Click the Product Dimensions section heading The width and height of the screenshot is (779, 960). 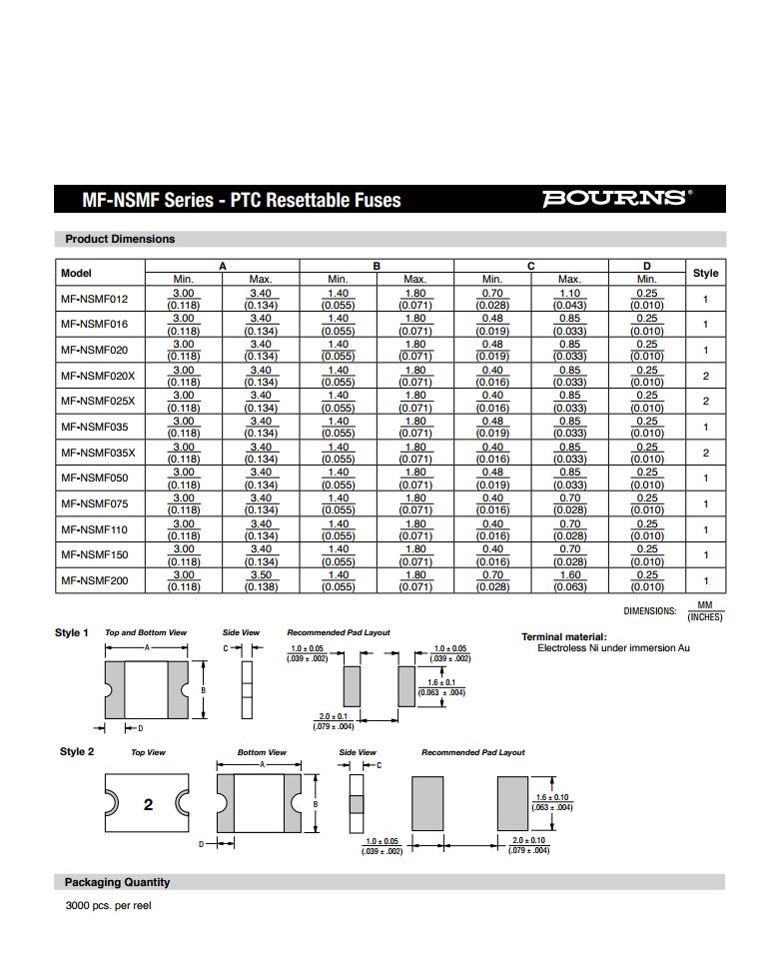coord(120,239)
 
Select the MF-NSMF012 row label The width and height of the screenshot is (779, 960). coord(95,299)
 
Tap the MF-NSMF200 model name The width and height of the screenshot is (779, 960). coord(95,580)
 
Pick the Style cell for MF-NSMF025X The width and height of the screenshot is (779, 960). coord(705,402)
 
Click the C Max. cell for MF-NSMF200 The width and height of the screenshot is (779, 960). coord(569,580)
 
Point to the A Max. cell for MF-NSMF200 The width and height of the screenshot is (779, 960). coord(261,580)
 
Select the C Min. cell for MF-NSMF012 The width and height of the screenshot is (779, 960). coord(492,299)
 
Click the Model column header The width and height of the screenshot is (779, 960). coord(76,273)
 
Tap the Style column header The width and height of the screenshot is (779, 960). coord(705,273)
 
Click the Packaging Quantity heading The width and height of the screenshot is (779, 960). coord(118,882)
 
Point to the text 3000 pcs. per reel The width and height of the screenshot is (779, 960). coord(108,906)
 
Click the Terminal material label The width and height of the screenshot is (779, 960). coord(563,636)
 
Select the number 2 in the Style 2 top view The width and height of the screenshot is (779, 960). coord(148,804)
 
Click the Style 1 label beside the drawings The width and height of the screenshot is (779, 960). coord(72,632)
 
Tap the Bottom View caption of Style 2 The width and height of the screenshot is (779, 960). coord(262,752)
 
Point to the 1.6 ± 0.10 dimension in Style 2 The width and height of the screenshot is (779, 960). coord(554,796)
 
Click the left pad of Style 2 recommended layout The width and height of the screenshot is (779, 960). coord(434,804)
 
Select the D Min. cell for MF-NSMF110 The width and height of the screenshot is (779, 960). coord(647,529)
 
